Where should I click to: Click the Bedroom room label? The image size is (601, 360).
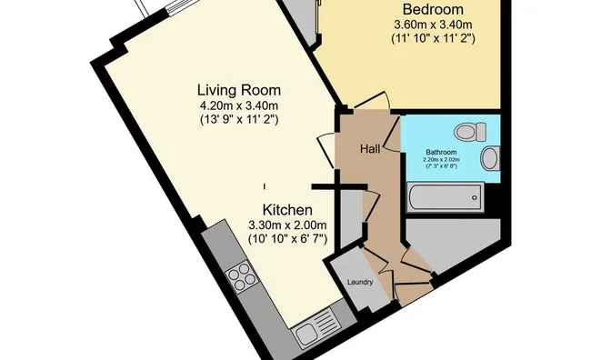point(433,9)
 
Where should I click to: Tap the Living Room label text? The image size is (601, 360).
point(239,91)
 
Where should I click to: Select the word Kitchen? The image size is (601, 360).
point(287,210)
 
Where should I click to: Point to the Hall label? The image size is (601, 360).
point(370,149)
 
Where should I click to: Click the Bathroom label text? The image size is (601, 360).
point(441,152)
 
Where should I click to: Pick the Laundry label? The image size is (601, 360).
point(360,282)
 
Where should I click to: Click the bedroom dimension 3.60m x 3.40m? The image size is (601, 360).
point(433,25)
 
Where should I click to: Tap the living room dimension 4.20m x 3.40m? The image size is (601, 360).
point(239,105)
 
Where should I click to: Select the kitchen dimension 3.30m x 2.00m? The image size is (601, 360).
point(287,225)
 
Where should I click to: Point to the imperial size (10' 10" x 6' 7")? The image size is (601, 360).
point(287,239)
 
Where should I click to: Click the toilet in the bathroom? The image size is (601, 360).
point(470,132)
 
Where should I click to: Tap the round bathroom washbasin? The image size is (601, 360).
point(490,158)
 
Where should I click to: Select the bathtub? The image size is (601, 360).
point(445,197)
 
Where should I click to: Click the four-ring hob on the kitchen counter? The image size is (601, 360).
point(241,277)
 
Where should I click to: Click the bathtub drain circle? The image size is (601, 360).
point(475,198)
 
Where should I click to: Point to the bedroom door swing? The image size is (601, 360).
point(372,100)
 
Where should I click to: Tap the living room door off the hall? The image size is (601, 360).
point(326,150)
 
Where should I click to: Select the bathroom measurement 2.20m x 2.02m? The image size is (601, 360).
point(442,159)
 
